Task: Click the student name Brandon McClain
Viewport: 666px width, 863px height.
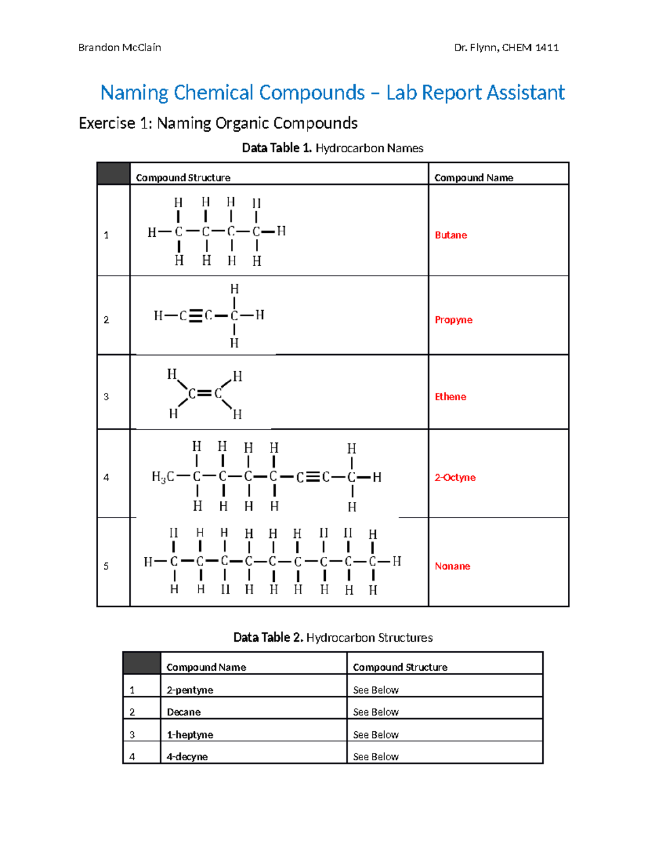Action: [119, 48]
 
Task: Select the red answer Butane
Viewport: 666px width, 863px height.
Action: [451, 235]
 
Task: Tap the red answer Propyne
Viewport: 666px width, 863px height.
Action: [453, 320]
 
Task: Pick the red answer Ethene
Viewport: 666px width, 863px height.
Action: [450, 397]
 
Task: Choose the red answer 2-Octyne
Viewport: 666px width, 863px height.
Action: [455, 477]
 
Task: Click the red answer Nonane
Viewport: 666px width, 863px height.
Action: [452, 566]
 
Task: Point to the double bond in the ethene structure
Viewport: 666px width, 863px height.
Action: [205, 393]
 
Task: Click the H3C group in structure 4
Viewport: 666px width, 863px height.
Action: [163, 477]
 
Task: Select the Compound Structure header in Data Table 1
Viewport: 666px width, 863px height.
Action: [183, 178]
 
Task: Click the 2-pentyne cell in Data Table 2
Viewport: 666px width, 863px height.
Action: [190, 690]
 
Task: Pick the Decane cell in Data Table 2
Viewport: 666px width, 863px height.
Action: [184, 712]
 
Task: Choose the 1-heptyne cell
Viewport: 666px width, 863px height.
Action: [190, 735]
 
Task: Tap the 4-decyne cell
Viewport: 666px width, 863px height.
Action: [187, 757]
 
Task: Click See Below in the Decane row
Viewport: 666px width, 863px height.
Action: [376, 712]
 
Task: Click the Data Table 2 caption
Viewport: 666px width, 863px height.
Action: [332, 637]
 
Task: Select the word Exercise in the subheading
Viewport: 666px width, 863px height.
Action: [107, 123]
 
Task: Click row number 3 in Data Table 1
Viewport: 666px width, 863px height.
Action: [107, 397]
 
